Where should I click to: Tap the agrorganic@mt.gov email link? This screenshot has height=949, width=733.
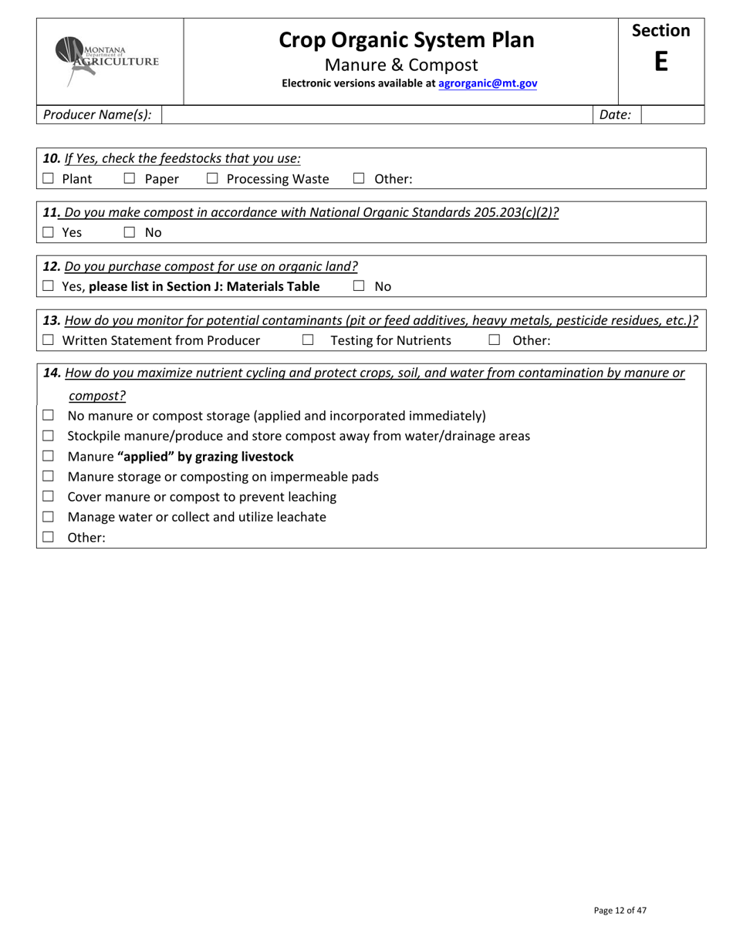click(x=488, y=83)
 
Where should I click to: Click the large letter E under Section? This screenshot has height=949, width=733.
click(x=660, y=62)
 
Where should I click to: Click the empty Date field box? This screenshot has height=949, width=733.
click(x=672, y=115)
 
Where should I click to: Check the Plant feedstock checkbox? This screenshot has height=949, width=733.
click(x=49, y=179)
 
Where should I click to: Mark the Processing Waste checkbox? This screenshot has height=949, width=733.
click(x=212, y=179)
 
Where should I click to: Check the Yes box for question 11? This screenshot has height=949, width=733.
click(x=49, y=232)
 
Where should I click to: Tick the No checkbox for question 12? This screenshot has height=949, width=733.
click(x=359, y=286)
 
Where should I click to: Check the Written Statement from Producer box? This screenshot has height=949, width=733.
click(x=49, y=340)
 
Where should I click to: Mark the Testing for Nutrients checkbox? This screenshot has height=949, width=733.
click(x=308, y=340)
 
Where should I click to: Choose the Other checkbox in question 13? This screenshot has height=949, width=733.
click(x=495, y=340)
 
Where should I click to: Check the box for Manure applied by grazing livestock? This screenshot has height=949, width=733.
click(x=49, y=456)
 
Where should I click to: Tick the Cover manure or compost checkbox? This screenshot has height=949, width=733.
click(x=49, y=497)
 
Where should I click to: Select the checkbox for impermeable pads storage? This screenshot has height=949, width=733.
click(x=49, y=477)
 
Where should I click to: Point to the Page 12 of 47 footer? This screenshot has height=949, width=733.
click(x=620, y=910)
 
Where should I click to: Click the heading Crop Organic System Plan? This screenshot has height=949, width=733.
click(x=406, y=40)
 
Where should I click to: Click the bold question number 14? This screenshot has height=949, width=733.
click(x=52, y=373)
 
